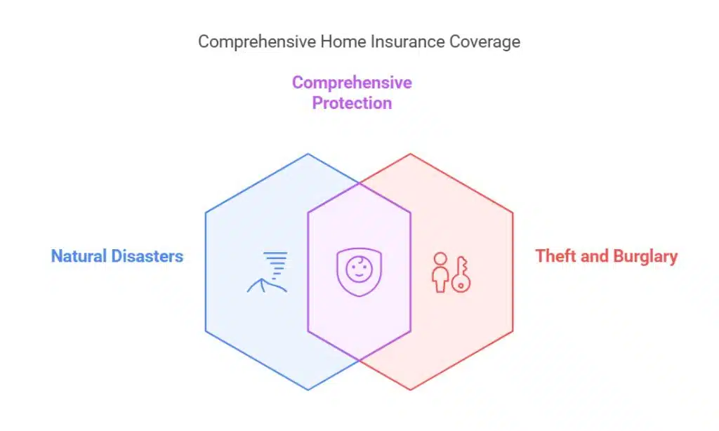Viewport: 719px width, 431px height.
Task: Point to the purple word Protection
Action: (x=352, y=103)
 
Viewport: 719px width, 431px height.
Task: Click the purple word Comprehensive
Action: (x=352, y=83)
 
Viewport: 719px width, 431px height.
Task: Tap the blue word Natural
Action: (x=77, y=256)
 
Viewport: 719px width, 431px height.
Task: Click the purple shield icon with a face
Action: (x=359, y=272)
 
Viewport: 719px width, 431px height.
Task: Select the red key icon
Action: (x=461, y=274)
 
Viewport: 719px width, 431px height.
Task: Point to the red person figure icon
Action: (x=440, y=272)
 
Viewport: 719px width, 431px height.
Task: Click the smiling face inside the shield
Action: (x=359, y=269)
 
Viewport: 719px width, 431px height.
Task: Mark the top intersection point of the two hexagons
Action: (x=359, y=183)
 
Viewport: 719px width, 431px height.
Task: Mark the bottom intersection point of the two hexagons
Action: (x=359, y=361)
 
